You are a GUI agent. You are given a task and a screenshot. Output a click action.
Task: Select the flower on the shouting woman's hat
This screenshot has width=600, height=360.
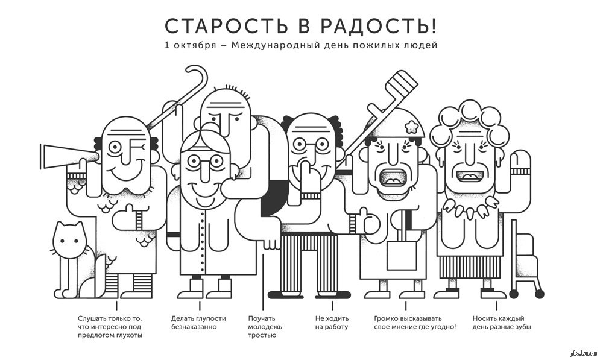[x=412, y=125]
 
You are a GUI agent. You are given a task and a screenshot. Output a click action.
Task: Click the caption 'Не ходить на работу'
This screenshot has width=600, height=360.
[x=331, y=322]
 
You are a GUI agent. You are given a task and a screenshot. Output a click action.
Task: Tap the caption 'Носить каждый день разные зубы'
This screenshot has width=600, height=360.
[x=498, y=322]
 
